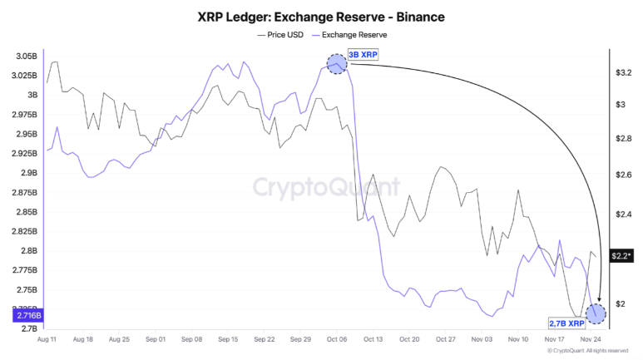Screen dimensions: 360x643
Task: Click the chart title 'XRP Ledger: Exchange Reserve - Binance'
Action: [321, 16]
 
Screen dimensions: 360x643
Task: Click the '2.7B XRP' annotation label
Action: [565, 323]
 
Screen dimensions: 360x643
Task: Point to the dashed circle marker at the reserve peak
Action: [336, 63]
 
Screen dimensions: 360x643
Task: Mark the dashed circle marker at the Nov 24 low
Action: [596, 313]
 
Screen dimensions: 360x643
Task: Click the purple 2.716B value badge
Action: [22, 316]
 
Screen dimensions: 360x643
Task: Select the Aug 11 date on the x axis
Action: [47, 339]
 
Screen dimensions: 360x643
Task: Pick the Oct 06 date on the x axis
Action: [336, 339]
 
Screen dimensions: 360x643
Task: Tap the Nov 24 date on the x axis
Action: [589, 339]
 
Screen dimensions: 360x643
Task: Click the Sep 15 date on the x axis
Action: [228, 339]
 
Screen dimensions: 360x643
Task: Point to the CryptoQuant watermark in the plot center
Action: [321, 186]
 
